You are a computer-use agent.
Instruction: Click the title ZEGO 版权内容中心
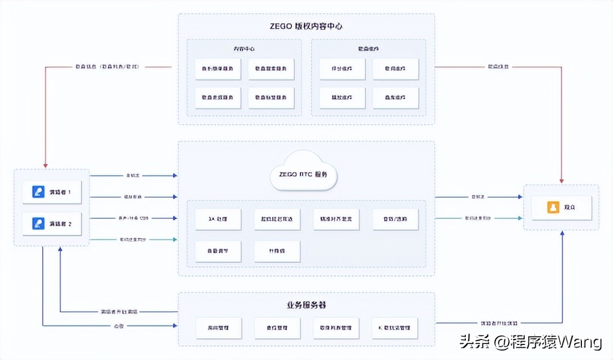[x=306, y=26]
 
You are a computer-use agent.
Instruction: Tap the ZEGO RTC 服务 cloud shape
[x=303, y=174]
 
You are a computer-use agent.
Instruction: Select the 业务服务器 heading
[x=306, y=306]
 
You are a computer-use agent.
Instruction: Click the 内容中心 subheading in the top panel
[x=244, y=48]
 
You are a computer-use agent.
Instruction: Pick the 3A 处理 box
[x=218, y=219]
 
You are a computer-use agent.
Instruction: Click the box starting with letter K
[x=395, y=328]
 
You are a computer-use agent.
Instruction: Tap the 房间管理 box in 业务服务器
[x=218, y=328]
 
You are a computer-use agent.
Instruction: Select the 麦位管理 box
[x=277, y=328]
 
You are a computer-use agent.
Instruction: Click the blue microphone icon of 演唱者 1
[x=38, y=192]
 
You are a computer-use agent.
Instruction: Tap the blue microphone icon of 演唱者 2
[x=38, y=224]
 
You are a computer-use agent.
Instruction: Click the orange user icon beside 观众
[x=553, y=208]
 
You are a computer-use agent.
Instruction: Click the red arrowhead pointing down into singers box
[x=46, y=165]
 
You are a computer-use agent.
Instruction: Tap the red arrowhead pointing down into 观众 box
[x=562, y=181]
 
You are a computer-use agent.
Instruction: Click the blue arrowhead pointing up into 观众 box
[x=562, y=234]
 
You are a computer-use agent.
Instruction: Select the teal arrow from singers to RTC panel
[x=133, y=239]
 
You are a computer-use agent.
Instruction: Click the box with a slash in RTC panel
[x=395, y=219]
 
